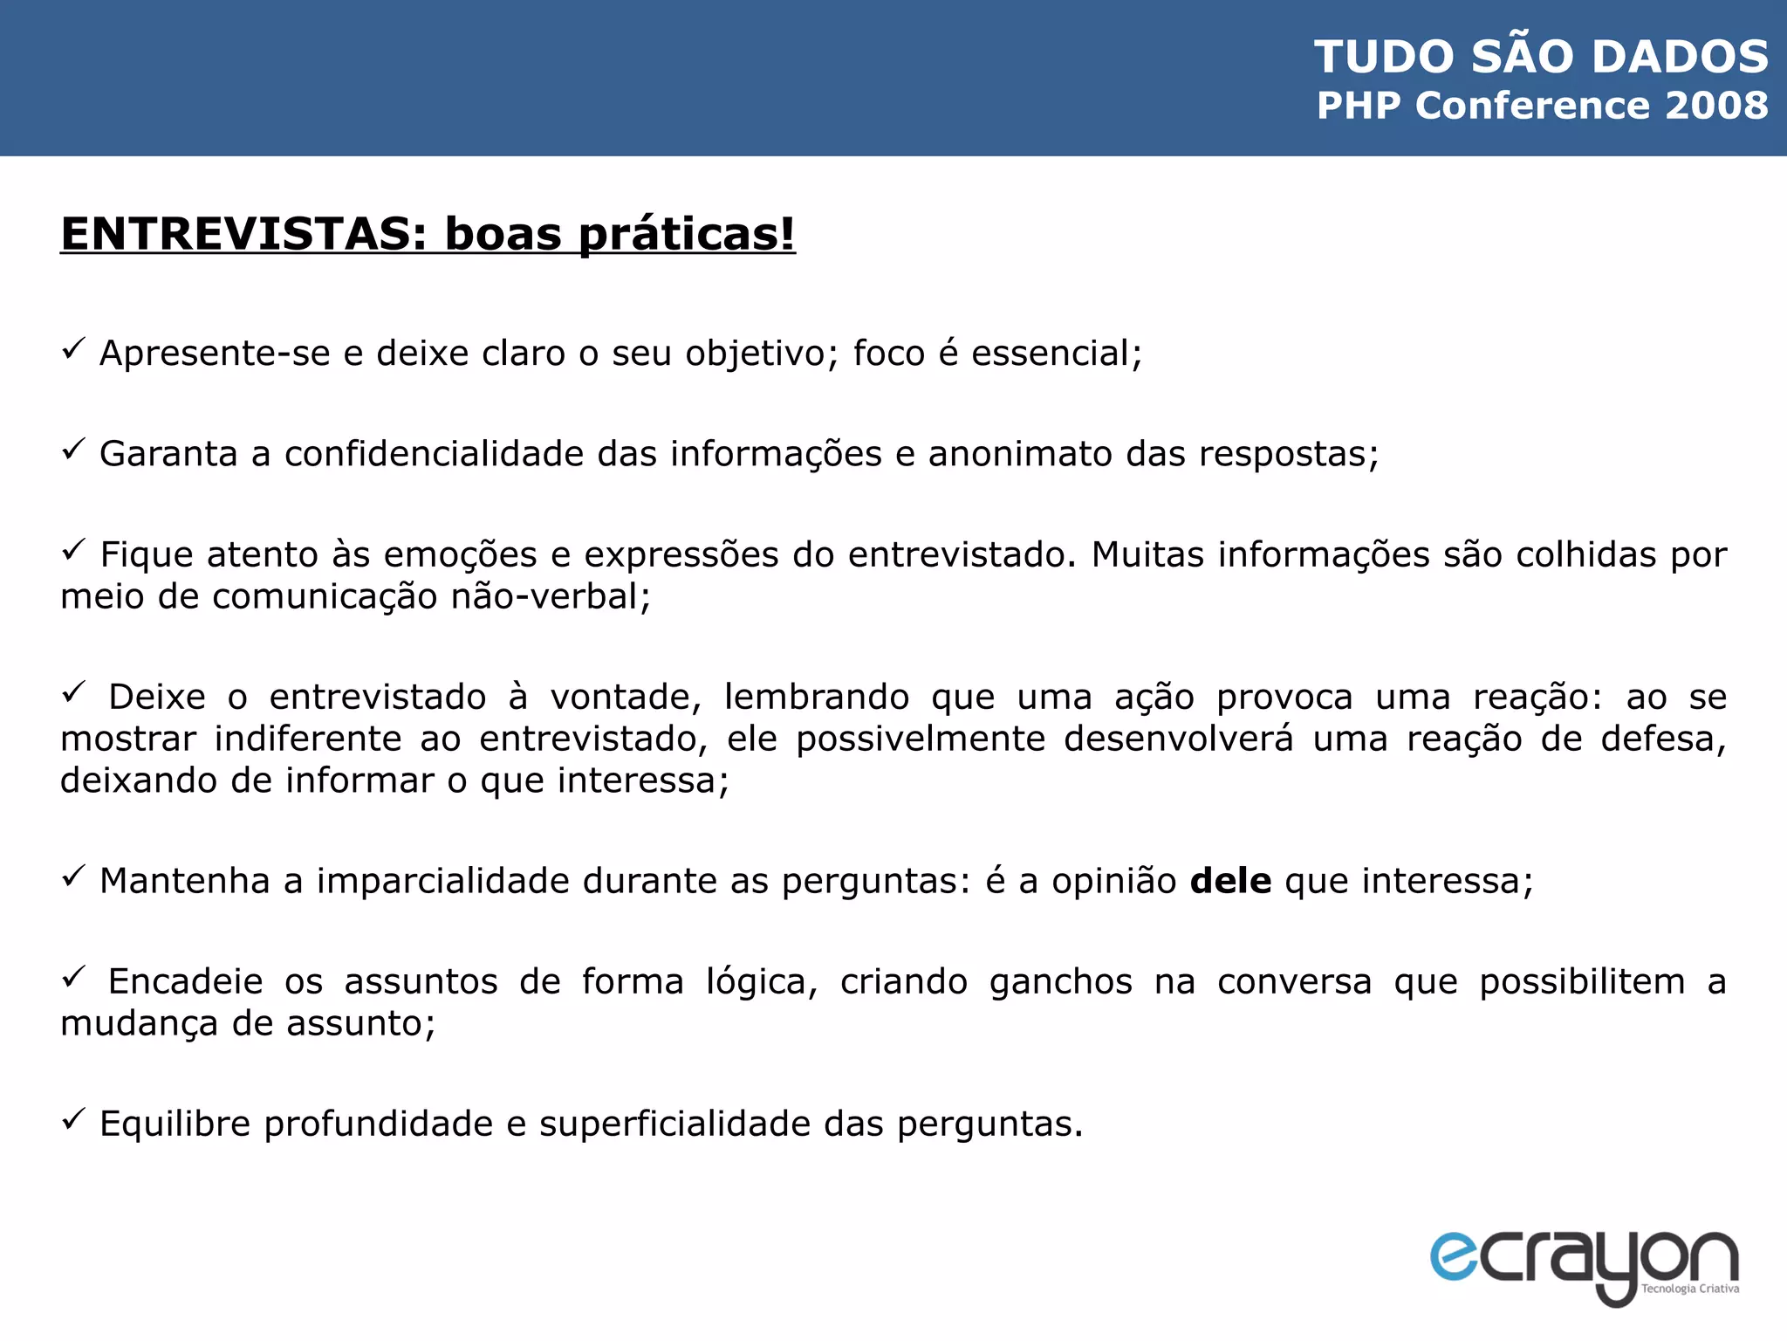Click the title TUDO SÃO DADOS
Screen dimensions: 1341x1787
click(x=1541, y=58)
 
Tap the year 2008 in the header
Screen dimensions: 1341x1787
click(x=1716, y=106)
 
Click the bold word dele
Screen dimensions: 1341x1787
click(x=1230, y=881)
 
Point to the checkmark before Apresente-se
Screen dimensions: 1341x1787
click(x=73, y=350)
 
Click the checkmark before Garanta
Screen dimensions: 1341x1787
click(x=73, y=450)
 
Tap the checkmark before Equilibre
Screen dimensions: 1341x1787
click(x=73, y=1120)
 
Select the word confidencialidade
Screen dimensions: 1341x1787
click(x=434, y=454)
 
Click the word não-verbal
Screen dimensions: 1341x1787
click(x=550, y=597)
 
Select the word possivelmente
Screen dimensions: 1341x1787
click(x=921, y=739)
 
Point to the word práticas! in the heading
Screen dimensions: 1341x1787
click(x=687, y=234)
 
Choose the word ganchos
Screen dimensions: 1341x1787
click(x=1060, y=982)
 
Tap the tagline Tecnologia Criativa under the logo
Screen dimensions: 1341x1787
click(x=1689, y=1289)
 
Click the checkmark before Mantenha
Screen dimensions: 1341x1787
click(x=73, y=877)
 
